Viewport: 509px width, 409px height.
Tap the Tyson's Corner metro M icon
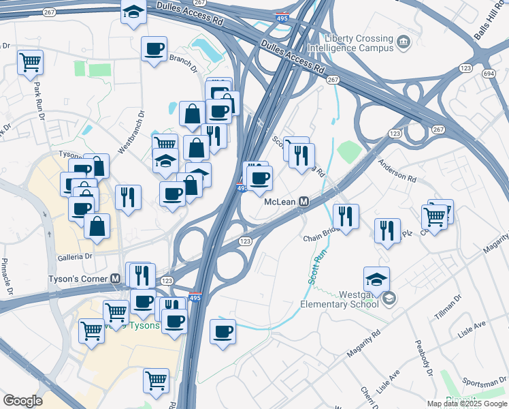tap(116, 279)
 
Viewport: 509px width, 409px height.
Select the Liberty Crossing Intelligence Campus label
tap(350, 44)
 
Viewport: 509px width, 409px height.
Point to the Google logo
tap(22, 401)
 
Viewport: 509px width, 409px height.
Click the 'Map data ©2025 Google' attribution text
tap(467, 404)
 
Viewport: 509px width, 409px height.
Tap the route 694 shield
tap(488, 73)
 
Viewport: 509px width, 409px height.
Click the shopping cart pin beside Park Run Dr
tap(30, 62)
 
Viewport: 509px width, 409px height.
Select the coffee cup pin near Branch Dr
tap(154, 48)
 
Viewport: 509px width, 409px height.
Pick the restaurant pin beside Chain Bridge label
tap(346, 216)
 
